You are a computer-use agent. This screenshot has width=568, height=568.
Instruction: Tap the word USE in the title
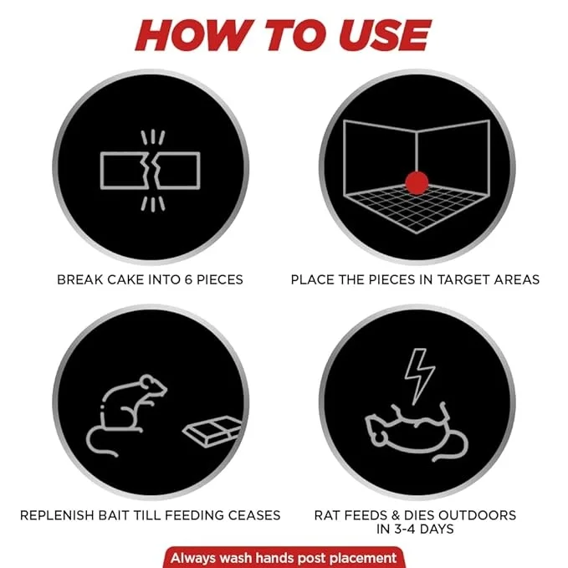tap(385, 35)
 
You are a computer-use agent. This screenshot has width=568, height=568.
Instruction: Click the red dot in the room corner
tap(417, 183)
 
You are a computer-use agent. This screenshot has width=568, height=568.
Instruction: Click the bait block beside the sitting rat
tap(212, 431)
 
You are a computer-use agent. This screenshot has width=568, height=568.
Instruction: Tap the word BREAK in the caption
tap(80, 279)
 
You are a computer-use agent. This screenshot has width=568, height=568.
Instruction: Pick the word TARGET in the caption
tap(461, 279)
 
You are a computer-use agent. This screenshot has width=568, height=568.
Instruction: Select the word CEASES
tap(254, 515)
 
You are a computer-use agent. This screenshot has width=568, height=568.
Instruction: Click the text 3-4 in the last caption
tap(404, 529)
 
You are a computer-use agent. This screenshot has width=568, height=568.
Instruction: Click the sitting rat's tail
tap(100, 441)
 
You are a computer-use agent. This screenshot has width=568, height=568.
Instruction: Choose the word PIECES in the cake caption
tap(220, 279)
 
